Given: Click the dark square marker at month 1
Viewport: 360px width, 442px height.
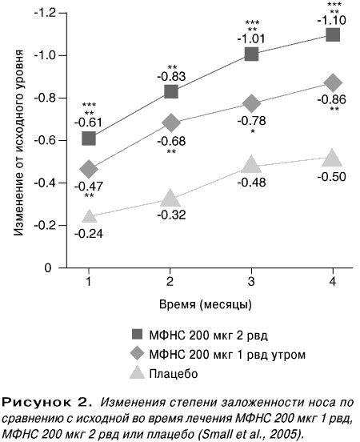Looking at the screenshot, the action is (89, 138).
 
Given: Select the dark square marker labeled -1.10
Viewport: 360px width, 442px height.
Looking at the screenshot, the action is (333, 35).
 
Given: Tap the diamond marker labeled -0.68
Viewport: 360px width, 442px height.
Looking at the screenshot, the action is (171, 123).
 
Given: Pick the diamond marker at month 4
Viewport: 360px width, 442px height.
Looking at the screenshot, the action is (333, 83).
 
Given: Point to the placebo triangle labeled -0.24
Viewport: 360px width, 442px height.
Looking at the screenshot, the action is (89, 216).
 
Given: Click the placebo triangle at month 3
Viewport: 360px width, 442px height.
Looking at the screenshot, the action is (251, 164).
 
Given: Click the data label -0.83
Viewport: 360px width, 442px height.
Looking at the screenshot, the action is (171, 77).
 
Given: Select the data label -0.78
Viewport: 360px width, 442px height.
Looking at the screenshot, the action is (251, 121).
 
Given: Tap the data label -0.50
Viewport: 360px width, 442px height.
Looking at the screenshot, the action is (331, 177).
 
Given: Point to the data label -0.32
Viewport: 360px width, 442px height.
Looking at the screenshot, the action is (171, 215).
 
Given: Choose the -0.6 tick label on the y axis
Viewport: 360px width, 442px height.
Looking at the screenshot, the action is (45, 140).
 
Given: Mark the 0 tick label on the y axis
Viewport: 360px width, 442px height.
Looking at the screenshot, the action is (48, 267).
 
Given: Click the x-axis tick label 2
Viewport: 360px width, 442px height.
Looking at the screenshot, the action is (170, 282).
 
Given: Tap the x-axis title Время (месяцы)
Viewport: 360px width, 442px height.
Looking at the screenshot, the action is (206, 305).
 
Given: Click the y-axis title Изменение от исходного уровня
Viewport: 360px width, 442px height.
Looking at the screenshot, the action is (18, 143).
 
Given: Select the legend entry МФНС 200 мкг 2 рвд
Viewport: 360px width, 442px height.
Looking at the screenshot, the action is (200, 336).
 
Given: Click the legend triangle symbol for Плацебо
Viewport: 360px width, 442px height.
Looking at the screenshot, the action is (137, 372).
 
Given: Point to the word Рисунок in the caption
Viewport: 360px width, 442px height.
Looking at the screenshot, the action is (34, 403).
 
